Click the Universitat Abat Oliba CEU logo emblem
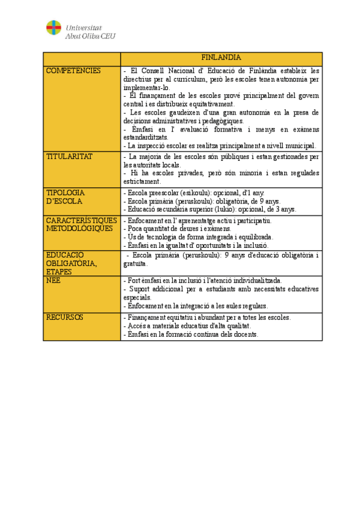(x=53, y=28)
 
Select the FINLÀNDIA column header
(x=221, y=58)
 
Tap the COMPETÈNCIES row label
(x=74, y=71)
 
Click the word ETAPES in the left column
(x=59, y=272)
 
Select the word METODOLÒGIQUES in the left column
(x=79, y=228)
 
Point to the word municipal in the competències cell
(x=298, y=145)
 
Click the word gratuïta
(x=136, y=264)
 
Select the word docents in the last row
(x=245, y=334)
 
